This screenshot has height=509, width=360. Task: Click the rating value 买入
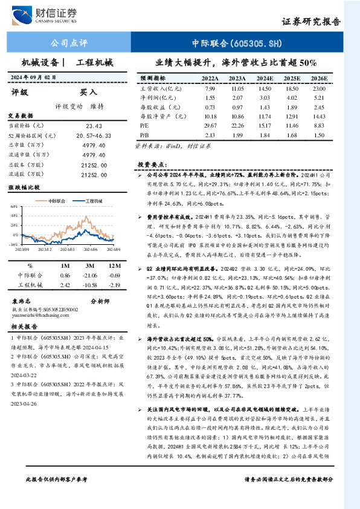tap(89, 92)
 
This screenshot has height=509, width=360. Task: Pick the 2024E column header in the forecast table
tap(264, 79)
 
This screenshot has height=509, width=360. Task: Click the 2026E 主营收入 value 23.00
tap(318, 88)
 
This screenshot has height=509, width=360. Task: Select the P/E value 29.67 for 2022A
tap(210, 125)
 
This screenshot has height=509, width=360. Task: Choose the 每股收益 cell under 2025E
tap(292, 106)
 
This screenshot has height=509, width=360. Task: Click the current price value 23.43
tap(95, 126)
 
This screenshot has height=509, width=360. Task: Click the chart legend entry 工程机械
tap(91, 200)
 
